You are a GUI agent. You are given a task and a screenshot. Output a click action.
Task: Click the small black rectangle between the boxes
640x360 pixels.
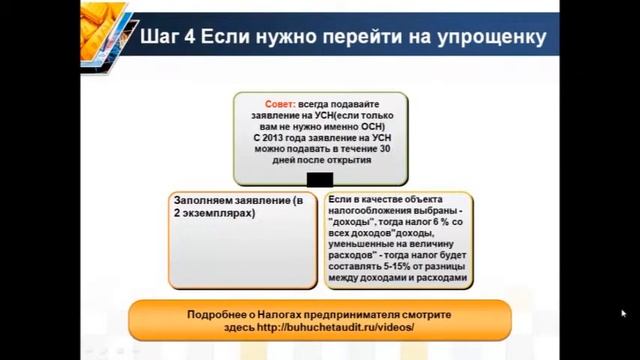(x=320, y=179)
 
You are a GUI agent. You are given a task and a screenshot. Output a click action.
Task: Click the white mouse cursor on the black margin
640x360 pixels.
(x=624, y=313)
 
